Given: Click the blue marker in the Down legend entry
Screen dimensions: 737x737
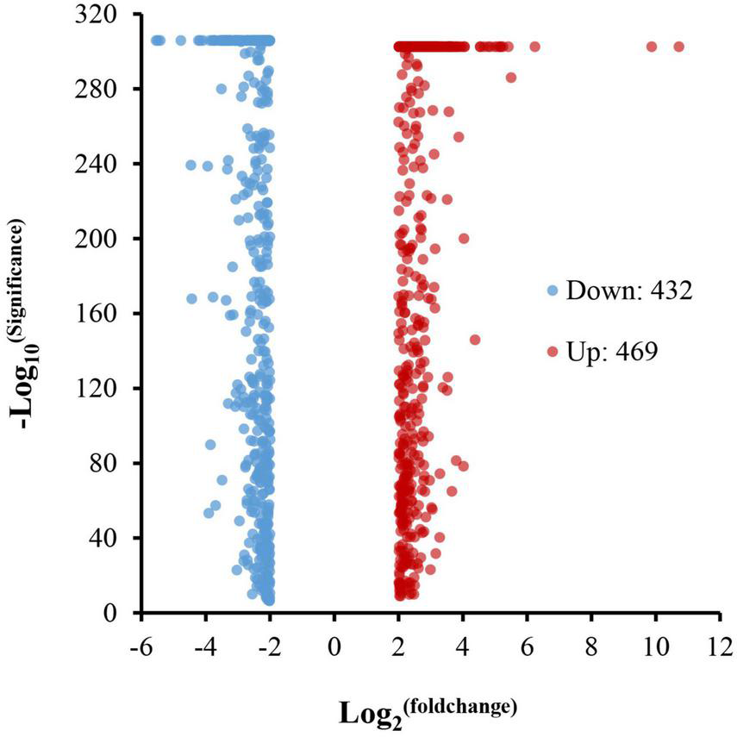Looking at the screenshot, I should (x=552, y=291).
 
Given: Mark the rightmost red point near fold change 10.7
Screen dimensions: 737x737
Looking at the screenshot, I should (x=678, y=47).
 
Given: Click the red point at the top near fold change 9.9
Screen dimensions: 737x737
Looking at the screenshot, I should (x=652, y=47).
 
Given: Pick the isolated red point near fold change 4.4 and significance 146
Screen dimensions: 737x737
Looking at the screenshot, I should (x=475, y=340).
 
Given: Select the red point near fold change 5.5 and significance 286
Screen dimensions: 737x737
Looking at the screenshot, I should (x=511, y=78).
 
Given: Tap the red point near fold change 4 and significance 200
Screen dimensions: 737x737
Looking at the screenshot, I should (x=464, y=239).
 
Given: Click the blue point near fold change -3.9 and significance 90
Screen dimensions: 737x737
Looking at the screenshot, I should (x=210, y=445).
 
